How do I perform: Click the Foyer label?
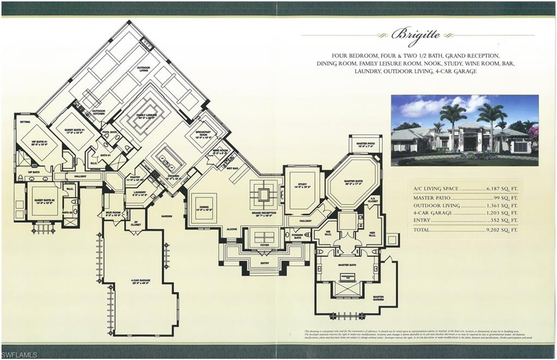(264, 245)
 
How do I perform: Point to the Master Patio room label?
(365, 143)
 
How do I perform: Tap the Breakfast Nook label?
(196, 137)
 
